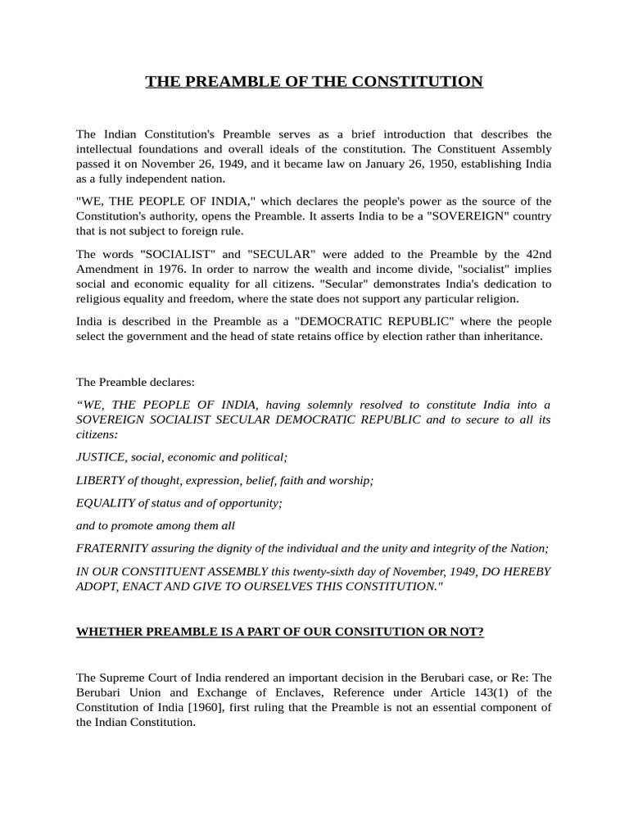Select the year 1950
click(470, 164)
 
